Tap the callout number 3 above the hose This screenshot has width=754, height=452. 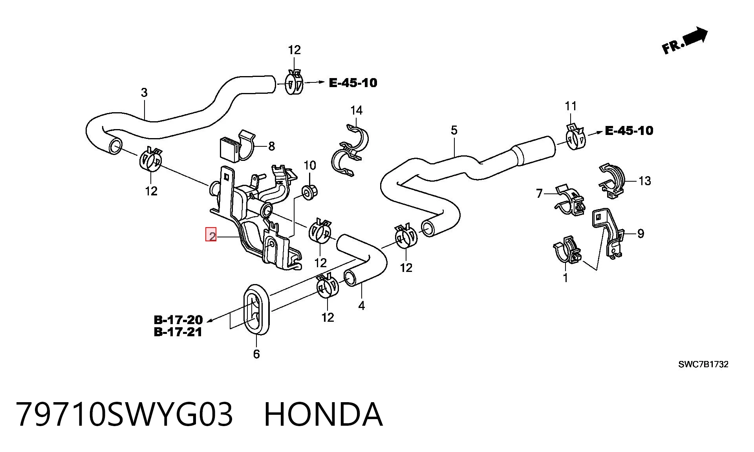click(144, 93)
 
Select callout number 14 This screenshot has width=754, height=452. click(356, 111)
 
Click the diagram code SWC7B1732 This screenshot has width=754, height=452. click(703, 364)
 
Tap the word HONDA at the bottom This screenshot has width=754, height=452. click(323, 414)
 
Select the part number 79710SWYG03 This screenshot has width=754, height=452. click(124, 414)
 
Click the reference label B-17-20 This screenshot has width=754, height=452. click(178, 320)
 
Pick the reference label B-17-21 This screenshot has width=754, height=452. click(178, 332)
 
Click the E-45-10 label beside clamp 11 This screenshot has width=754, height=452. click(629, 131)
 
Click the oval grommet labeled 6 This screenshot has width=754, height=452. click(256, 310)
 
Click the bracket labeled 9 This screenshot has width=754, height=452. click(607, 232)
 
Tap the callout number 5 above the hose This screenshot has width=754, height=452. click(454, 130)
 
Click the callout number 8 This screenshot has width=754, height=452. click(271, 146)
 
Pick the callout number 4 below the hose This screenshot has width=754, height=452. click(361, 306)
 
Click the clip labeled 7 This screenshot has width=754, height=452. click(570, 200)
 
